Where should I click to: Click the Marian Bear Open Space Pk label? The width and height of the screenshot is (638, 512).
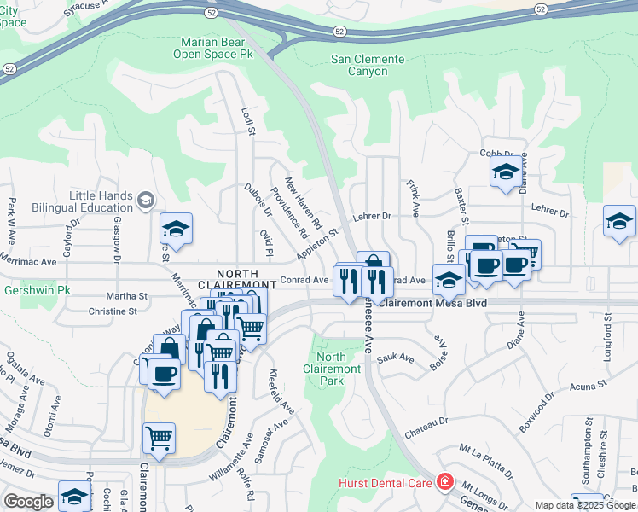[x=217, y=48]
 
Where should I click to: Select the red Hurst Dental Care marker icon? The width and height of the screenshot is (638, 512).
[x=444, y=483]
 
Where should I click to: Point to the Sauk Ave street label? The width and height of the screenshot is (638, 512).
[x=395, y=359]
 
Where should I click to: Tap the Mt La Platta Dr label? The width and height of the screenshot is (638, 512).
[x=486, y=461]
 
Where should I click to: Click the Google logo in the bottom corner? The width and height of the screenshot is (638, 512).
[x=29, y=502]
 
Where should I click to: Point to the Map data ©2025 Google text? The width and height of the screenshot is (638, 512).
[x=585, y=505]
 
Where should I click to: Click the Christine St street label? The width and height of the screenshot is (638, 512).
[x=113, y=311]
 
